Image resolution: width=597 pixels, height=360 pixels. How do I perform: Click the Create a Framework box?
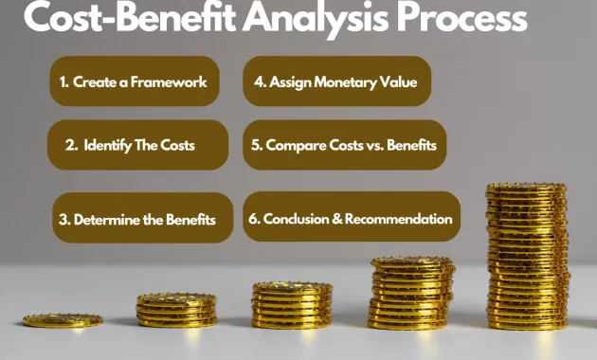tap(134, 82)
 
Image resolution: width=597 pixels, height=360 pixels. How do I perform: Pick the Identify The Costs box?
tap(138, 145)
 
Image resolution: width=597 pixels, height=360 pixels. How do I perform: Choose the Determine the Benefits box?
tap(139, 219)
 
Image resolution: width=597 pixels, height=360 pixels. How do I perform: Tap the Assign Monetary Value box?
tap(336, 81)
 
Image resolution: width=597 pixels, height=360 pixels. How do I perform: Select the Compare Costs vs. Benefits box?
tap(344, 145)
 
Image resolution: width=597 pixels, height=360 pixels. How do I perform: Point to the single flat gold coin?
tap(63, 320)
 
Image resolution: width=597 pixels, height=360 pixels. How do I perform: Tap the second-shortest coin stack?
tap(176, 310)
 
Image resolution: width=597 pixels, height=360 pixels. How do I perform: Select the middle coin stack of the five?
tap(292, 304)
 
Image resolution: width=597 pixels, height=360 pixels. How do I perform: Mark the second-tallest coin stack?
tap(412, 292)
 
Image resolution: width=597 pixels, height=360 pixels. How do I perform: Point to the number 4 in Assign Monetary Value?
tap(259, 82)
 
